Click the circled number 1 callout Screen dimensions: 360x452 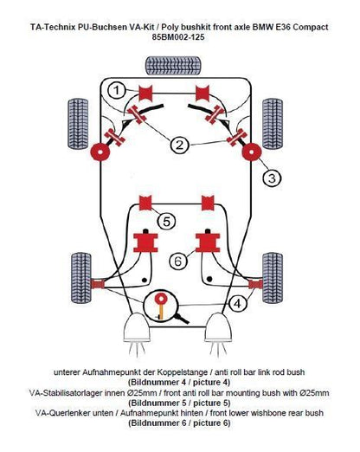[x=116, y=90]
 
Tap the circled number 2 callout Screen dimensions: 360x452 [x=179, y=145]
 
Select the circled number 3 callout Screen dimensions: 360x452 [x=272, y=178]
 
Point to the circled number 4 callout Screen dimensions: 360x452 [x=238, y=303]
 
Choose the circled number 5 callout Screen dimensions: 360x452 [x=166, y=222]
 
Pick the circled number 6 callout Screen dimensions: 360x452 [x=177, y=261]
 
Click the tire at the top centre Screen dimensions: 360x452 [x=173, y=66]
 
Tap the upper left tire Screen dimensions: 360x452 [x=78, y=124]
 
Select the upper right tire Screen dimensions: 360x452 [x=273, y=124]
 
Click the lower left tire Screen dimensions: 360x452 [x=81, y=278]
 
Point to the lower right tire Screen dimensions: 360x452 [x=273, y=278]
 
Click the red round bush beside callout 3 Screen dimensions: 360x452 [x=252, y=152]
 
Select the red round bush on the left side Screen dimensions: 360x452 [x=100, y=152]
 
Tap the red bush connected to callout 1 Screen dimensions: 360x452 [x=145, y=93]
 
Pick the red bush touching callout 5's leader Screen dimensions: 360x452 [x=145, y=203]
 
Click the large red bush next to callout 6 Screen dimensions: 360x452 [x=208, y=242]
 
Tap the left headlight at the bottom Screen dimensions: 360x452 [x=137, y=327]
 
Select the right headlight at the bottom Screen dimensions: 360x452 [x=218, y=327]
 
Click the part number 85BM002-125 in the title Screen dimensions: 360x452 [x=178, y=37]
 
